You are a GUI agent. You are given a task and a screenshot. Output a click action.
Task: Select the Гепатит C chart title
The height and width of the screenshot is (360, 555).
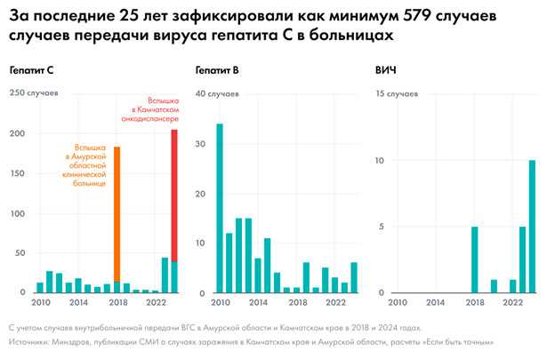(32, 70)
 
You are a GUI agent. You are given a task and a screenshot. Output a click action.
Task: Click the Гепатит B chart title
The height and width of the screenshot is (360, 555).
(217, 70)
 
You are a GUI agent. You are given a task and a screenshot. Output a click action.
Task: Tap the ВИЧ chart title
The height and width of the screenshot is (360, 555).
(389, 70)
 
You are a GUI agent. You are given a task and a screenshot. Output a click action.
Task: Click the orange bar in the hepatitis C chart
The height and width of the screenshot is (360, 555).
(117, 213)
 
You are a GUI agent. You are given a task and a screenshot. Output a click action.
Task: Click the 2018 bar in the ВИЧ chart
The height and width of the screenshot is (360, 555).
(474, 260)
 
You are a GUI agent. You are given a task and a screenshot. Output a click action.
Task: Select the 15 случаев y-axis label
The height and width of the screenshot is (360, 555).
(398, 92)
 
